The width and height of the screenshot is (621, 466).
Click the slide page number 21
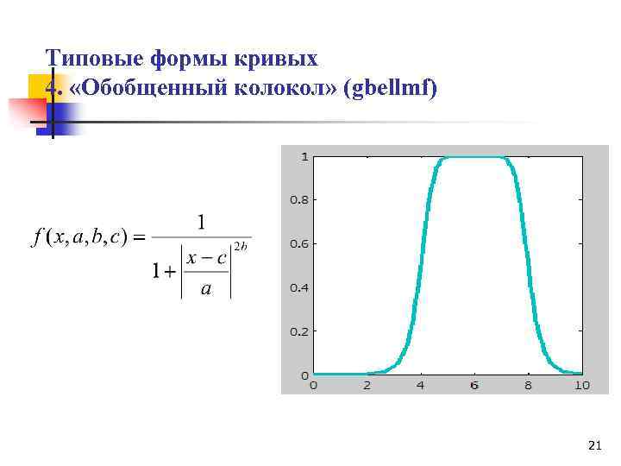click(x=593, y=445)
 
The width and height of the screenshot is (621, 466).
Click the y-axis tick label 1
click(x=304, y=156)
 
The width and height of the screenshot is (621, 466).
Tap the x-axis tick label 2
click(x=367, y=385)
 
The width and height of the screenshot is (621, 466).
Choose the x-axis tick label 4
click(x=421, y=385)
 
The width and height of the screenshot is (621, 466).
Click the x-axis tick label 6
click(x=474, y=385)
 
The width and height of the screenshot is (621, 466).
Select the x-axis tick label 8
click(x=528, y=385)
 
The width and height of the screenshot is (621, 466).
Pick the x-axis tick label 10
click(x=581, y=385)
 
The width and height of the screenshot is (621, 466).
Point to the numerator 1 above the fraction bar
click(x=201, y=223)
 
